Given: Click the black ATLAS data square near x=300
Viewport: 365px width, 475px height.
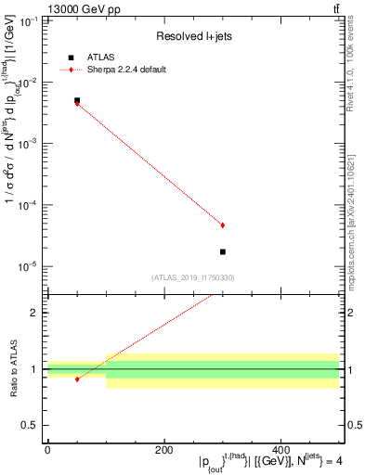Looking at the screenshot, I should [223, 251].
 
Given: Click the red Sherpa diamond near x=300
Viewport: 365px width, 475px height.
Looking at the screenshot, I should [223, 225].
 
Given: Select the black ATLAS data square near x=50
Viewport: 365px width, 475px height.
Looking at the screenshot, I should [77, 100].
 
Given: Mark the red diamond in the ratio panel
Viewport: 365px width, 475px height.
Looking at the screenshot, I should [77, 379].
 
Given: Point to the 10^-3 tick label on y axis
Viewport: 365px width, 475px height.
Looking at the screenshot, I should [30, 144].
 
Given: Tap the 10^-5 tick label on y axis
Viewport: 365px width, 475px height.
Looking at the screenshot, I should [30, 266].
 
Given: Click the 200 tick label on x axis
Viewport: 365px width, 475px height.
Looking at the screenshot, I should [164, 450].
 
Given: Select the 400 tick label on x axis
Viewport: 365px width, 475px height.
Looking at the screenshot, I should [281, 450].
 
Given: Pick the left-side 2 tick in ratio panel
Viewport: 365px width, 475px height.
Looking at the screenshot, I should [35, 313].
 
